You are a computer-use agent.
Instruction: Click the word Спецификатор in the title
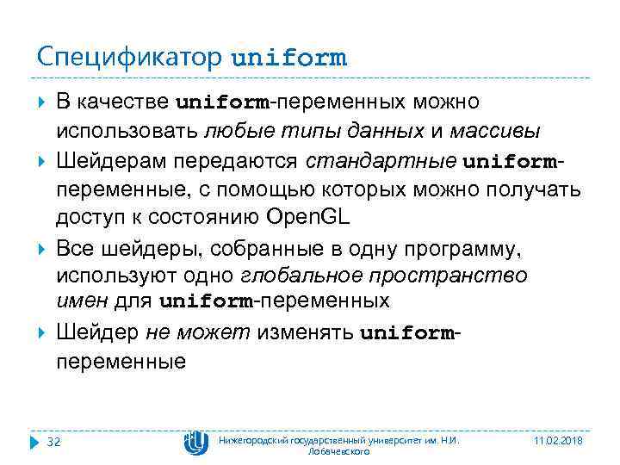pos(130,58)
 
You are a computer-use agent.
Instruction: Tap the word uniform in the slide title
pos(289,58)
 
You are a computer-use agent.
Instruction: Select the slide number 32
pos(54,442)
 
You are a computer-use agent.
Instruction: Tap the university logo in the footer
pos(196,442)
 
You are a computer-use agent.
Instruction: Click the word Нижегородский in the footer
pos(257,440)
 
